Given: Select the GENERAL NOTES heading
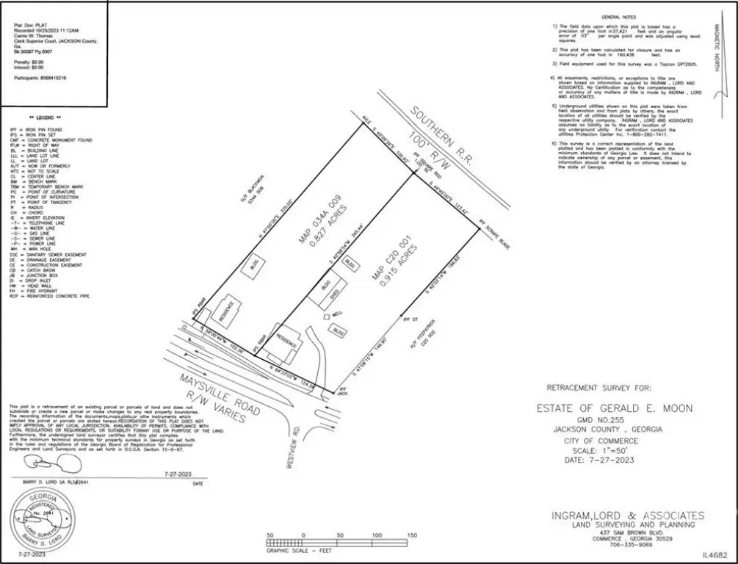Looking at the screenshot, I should (619, 16).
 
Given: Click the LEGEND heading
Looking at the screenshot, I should (45, 118).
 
